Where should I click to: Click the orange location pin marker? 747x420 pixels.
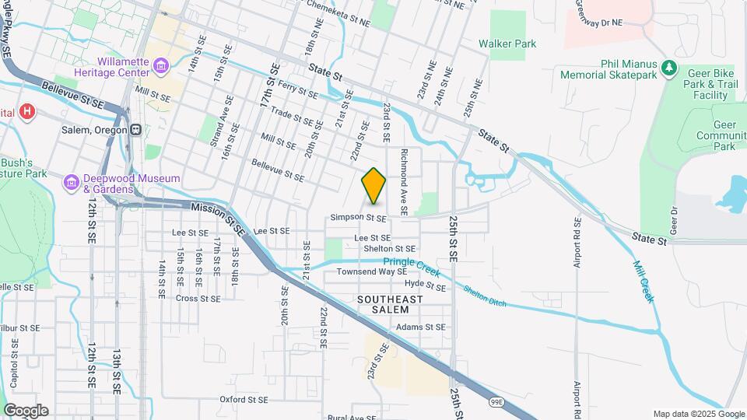point(373,186)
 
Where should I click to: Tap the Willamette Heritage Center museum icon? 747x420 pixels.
point(160,65)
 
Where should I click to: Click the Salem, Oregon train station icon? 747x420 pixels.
point(135,129)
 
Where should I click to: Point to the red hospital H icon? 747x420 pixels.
point(27,112)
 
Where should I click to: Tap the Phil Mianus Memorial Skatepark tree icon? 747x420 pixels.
point(668,69)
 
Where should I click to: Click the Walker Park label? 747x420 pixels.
point(507,44)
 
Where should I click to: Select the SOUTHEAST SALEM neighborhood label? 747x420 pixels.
point(390,304)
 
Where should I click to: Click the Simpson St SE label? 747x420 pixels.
point(358,219)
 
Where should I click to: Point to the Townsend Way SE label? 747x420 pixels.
point(371,272)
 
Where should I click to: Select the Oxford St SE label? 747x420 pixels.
point(243,399)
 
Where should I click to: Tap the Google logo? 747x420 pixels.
point(25,411)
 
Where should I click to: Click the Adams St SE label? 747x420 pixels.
point(420,327)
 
